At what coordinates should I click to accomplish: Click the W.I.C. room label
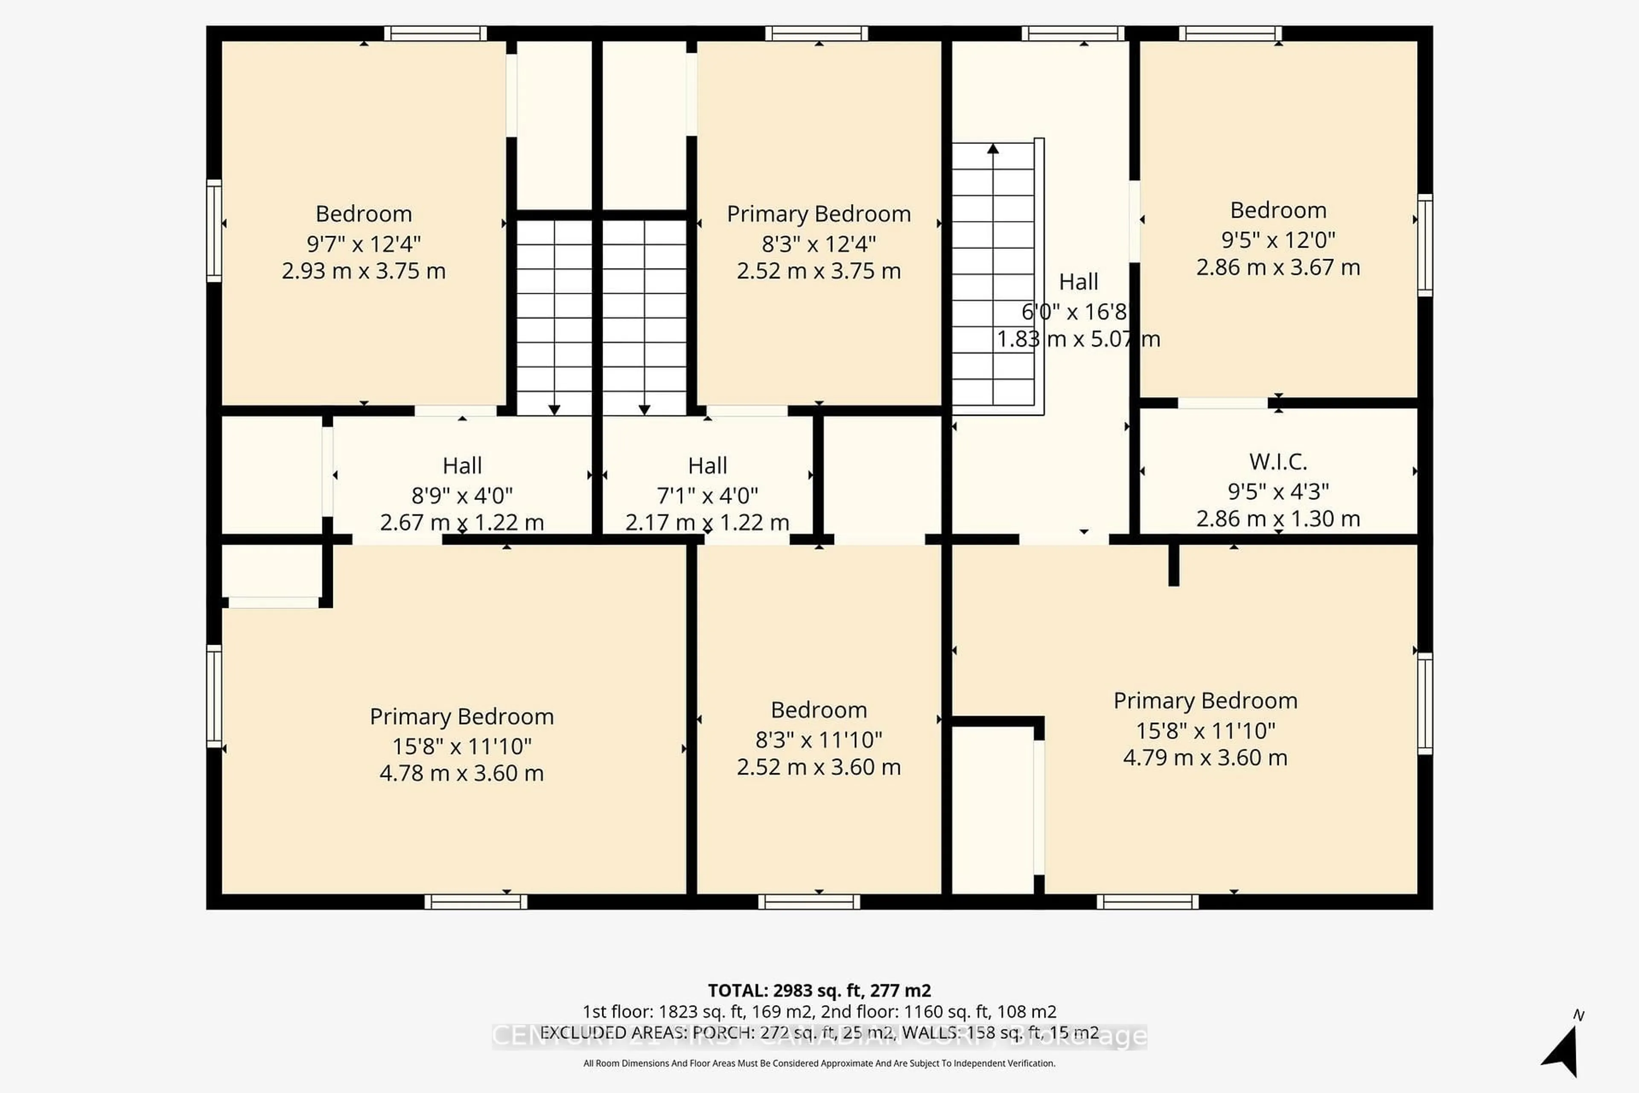point(1277,462)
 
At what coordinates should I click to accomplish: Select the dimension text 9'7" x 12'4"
point(363,244)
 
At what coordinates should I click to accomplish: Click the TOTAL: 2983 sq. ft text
point(819,991)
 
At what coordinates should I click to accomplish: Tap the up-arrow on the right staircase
point(993,149)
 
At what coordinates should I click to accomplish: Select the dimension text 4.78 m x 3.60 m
point(461,773)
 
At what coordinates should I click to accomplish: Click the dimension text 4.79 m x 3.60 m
point(1205,758)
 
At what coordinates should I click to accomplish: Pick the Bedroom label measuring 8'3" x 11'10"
point(819,710)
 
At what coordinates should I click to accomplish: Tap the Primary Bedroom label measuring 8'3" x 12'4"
point(819,214)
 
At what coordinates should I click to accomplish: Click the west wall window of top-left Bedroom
point(214,231)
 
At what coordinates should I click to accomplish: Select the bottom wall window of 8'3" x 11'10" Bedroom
point(809,902)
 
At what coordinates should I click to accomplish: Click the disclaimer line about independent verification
point(819,1063)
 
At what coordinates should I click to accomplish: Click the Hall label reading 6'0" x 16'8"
point(1078,282)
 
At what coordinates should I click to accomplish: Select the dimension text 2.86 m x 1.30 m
point(1277,519)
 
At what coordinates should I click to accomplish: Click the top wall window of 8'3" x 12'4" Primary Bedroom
point(816,33)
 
